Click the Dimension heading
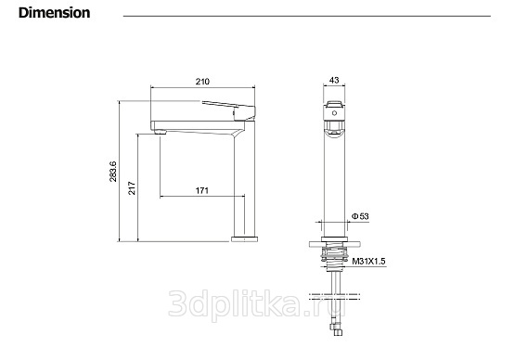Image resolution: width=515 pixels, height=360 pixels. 54,13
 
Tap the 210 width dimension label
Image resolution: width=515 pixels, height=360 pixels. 202,82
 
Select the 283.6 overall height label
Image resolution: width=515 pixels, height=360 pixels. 112,171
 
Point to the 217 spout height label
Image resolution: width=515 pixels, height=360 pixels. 132,187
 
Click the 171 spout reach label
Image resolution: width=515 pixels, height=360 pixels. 202,190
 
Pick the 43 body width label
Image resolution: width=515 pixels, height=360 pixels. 334,80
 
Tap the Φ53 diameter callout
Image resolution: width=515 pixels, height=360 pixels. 360,216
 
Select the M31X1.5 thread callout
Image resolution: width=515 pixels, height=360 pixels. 368,262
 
